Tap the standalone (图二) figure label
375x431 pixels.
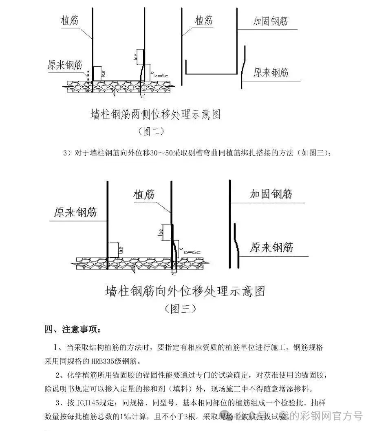pyautogui.click(x=151, y=131)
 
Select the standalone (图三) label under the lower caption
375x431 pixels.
pyautogui.click(x=180, y=308)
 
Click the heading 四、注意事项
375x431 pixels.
pyautogui.click(x=71, y=329)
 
